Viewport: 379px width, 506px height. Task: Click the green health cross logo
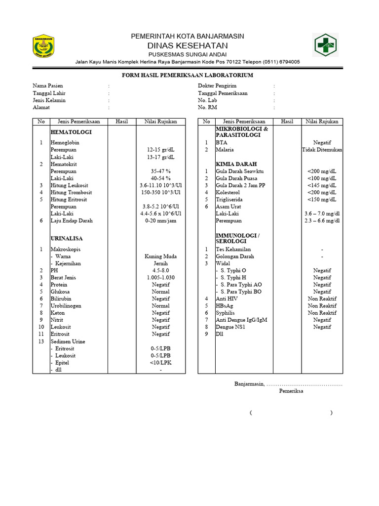(x=326, y=45)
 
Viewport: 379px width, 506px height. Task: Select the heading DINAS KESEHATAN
(x=187, y=45)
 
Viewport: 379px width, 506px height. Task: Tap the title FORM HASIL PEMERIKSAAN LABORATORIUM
(x=188, y=75)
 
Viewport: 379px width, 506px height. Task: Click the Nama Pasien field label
(x=48, y=86)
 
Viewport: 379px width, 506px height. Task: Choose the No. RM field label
(x=207, y=107)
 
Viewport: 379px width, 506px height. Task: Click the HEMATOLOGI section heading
(x=71, y=132)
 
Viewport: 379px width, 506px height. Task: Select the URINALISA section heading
(x=67, y=239)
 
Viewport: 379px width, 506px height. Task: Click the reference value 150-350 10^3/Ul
(x=160, y=192)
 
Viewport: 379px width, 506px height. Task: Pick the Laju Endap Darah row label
(x=72, y=221)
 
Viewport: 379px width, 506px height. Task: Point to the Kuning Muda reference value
(x=160, y=256)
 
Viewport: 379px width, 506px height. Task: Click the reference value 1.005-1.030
(x=160, y=278)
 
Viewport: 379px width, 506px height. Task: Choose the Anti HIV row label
(x=227, y=299)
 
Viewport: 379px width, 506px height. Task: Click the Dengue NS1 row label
(x=232, y=327)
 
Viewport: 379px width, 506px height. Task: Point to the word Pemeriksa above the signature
(x=291, y=391)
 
